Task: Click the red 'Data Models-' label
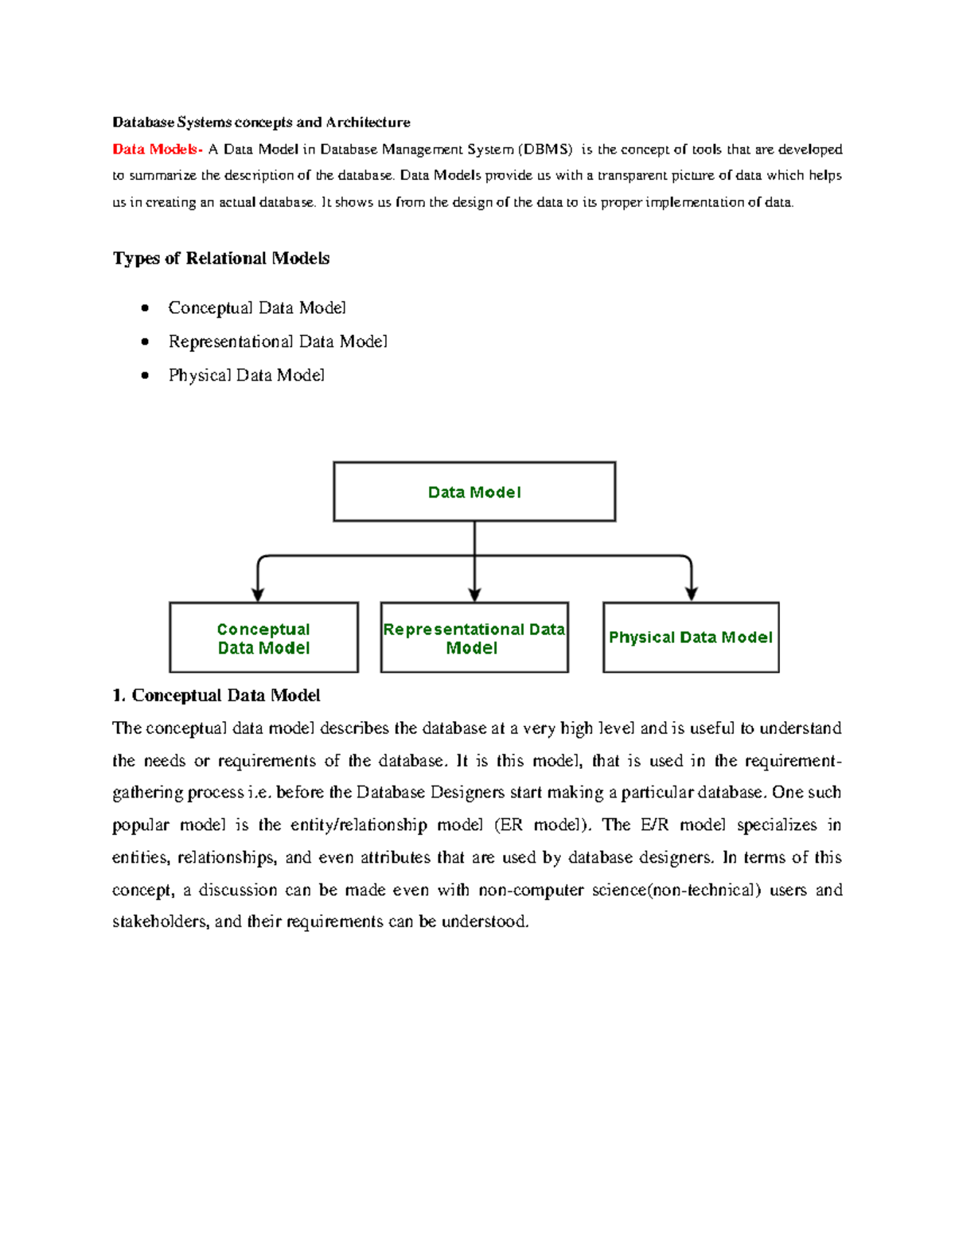pyautogui.click(x=157, y=150)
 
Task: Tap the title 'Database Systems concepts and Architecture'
pyautogui.click(x=261, y=123)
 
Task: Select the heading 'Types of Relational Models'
pyautogui.click(x=221, y=259)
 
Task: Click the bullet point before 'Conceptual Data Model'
pyautogui.click(x=145, y=308)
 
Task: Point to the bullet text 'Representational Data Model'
pyautogui.click(x=278, y=342)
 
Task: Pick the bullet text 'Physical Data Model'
pyautogui.click(x=247, y=376)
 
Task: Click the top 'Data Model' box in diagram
pyautogui.click(x=474, y=492)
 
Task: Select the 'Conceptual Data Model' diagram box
pyautogui.click(x=263, y=638)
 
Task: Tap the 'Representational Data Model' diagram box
pyautogui.click(x=474, y=638)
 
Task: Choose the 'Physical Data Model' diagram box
pyautogui.click(x=691, y=637)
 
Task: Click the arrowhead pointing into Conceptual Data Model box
pyautogui.click(x=258, y=594)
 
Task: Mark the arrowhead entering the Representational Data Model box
pyautogui.click(x=474, y=594)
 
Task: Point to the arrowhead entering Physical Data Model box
pyautogui.click(x=692, y=594)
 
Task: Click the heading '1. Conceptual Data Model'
pyautogui.click(x=216, y=696)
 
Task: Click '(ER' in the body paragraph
pyautogui.click(x=509, y=825)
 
